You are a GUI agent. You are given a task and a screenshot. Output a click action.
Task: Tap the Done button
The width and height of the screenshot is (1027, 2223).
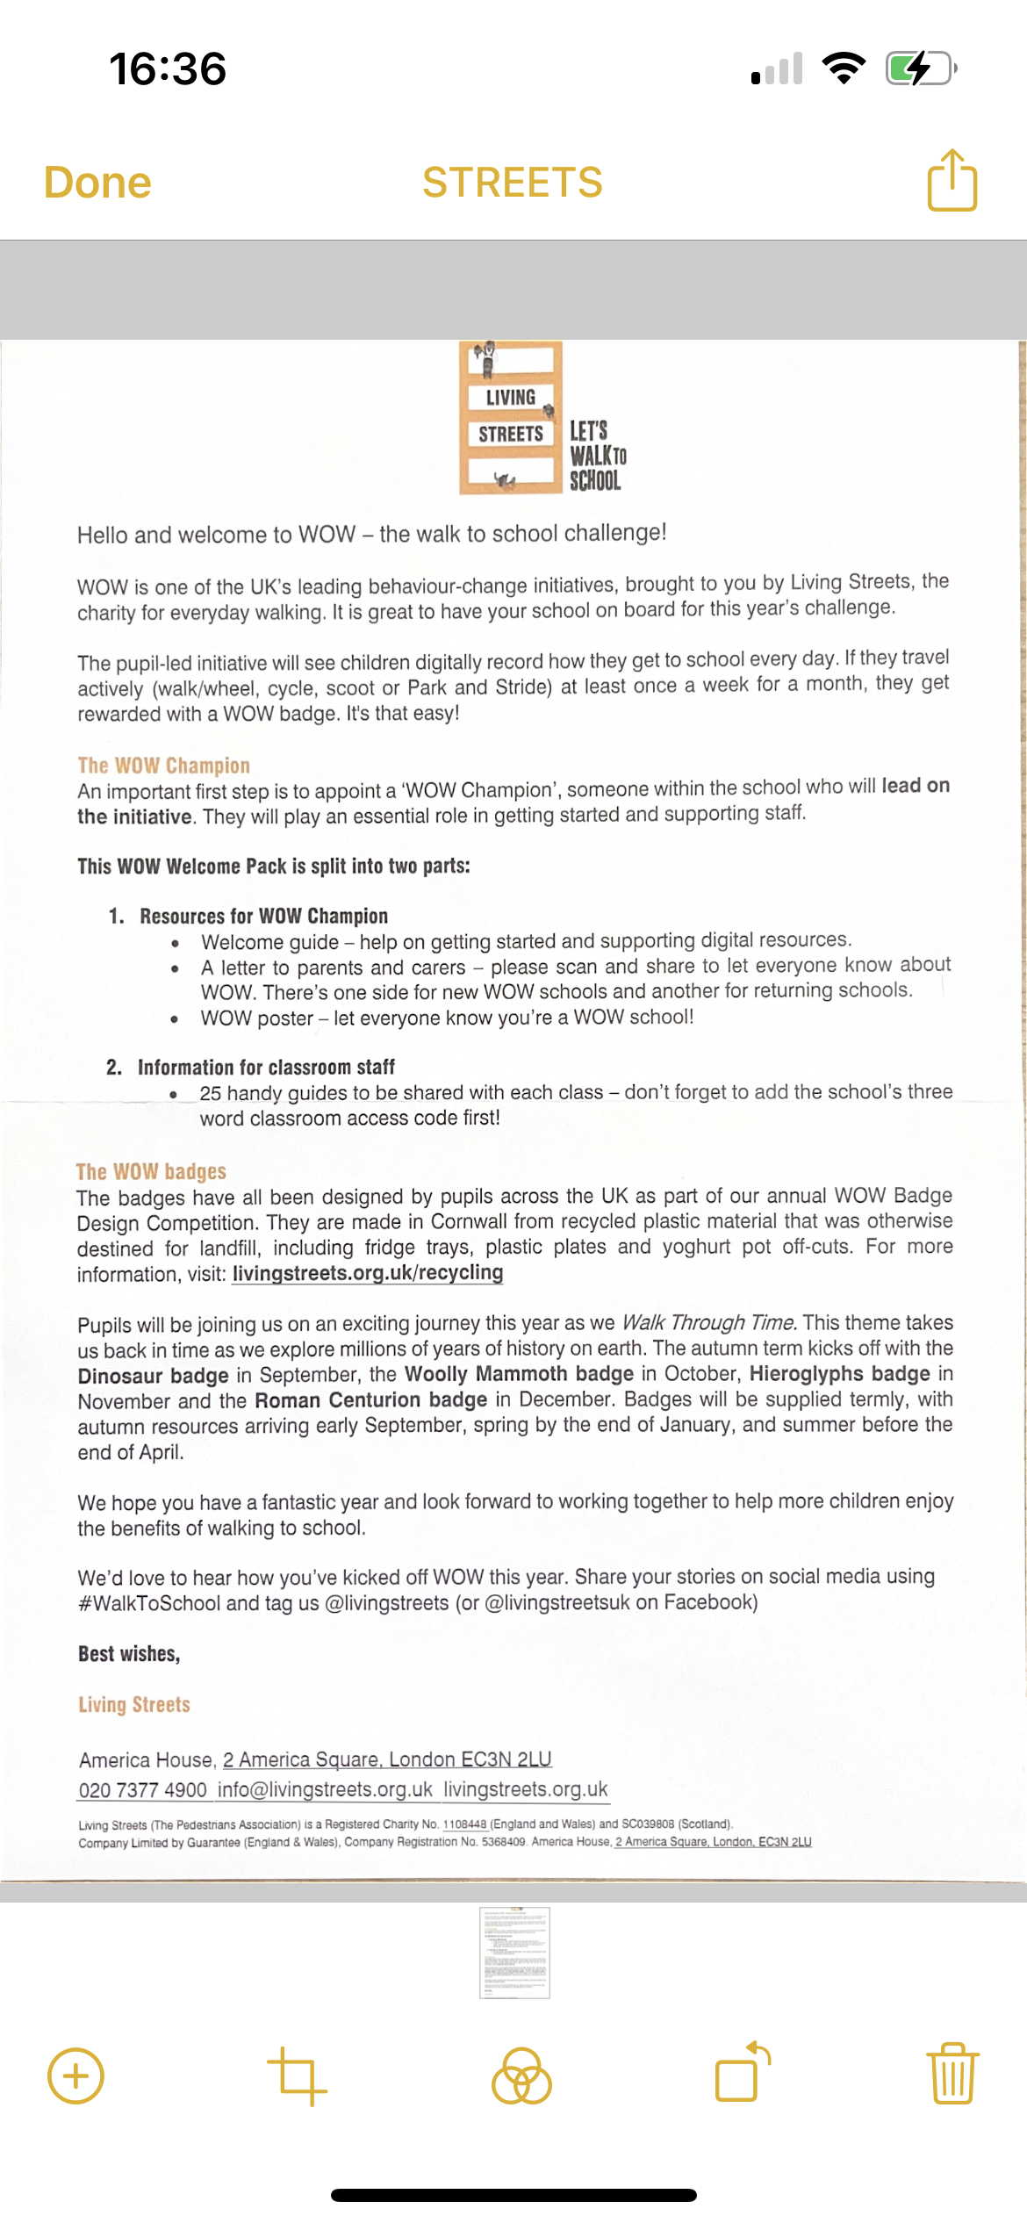pos(97,183)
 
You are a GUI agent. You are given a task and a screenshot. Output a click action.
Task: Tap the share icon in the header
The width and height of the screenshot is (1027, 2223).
pos(952,181)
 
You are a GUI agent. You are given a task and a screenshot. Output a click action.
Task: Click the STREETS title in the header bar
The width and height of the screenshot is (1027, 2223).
pos(513,183)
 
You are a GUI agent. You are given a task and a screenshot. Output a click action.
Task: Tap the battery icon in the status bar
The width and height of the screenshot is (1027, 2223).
pos(920,68)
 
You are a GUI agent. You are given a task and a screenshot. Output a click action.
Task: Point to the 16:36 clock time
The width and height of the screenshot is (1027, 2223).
pos(168,68)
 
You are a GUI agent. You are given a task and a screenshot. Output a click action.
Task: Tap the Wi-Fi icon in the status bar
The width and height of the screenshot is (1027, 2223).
pos(844,68)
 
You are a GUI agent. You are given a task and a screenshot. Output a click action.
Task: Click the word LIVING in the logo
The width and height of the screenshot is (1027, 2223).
pos(510,397)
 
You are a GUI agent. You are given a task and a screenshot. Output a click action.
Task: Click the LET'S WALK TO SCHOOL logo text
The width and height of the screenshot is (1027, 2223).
pos(597,456)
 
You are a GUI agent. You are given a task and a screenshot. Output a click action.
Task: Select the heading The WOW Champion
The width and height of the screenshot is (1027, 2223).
pos(164,765)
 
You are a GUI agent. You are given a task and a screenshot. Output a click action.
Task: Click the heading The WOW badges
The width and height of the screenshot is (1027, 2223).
pos(151,1171)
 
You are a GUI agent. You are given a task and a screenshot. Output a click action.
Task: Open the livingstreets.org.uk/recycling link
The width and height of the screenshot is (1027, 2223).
pos(368,1273)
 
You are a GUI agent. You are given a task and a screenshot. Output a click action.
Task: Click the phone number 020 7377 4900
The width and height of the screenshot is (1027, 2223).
pos(142,1789)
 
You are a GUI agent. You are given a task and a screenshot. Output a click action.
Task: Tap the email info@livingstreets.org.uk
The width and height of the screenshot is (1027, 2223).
pos(325,1789)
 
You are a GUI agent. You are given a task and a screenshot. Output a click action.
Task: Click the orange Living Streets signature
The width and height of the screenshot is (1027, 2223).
pos(134,1704)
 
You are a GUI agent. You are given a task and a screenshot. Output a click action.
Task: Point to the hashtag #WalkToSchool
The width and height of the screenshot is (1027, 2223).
pos(149,1603)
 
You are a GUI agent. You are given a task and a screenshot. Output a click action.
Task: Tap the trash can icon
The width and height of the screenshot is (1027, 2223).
pos(952,2076)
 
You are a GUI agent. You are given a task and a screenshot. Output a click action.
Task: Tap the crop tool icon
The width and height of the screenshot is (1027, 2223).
pos(297,2076)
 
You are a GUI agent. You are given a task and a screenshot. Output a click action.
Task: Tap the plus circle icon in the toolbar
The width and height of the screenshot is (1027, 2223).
pos(75,2076)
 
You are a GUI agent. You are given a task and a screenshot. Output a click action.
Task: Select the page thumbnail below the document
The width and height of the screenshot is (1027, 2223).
pos(514,1953)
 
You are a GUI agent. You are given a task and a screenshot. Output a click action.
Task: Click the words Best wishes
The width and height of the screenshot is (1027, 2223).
pos(129,1654)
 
